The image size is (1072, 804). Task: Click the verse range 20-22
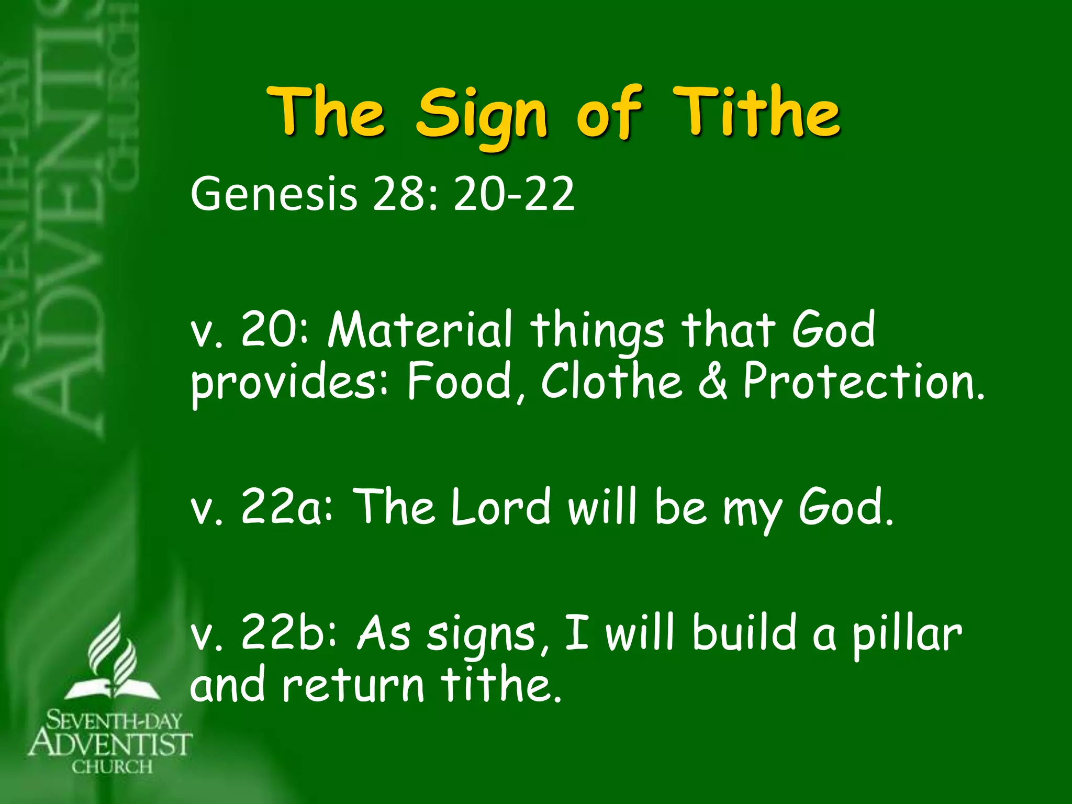coord(514,195)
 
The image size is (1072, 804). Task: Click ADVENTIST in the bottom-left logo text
coord(110,744)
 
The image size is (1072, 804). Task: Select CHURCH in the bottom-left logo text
coord(112,767)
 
